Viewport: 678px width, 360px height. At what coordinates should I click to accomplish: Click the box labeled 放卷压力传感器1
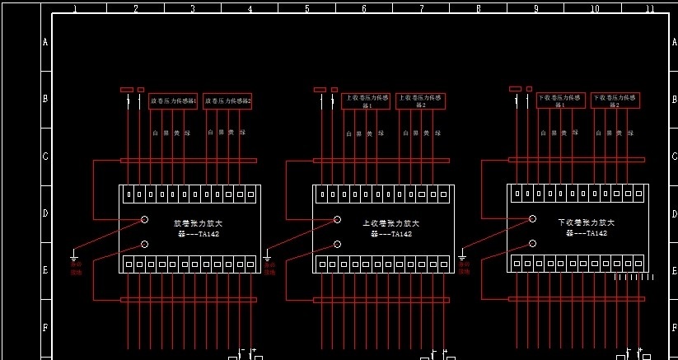point(173,101)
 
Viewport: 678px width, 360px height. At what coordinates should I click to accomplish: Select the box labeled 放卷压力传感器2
point(227,101)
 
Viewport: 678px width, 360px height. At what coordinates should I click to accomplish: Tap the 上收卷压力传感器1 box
point(366,101)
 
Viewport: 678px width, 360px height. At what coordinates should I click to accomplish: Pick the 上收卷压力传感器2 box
point(420,101)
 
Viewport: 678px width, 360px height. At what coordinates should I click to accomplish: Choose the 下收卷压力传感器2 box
point(615,101)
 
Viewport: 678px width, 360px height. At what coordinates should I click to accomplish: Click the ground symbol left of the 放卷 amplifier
point(73,256)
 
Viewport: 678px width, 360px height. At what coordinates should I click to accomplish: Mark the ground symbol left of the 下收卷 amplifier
point(462,256)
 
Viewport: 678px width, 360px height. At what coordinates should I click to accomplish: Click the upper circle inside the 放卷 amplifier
point(144,219)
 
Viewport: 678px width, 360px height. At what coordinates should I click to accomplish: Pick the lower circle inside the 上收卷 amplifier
point(338,244)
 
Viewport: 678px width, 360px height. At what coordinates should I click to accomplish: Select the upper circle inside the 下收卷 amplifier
point(532,218)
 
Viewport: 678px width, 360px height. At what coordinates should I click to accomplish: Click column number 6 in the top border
point(363,8)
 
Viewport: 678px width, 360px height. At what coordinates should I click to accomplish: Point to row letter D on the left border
point(45,213)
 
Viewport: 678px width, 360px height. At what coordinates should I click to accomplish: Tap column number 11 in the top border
point(649,8)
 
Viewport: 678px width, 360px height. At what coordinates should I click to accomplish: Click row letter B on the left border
point(45,99)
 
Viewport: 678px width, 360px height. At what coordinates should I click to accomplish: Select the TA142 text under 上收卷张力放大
point(390,234)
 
